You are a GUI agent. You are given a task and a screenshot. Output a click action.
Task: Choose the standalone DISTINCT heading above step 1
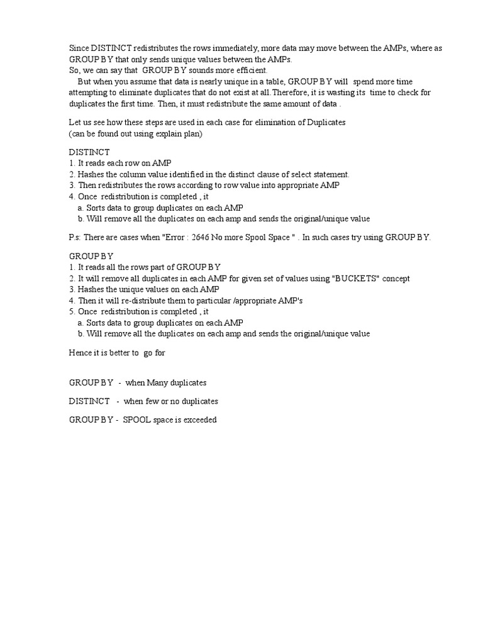(89, 153)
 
